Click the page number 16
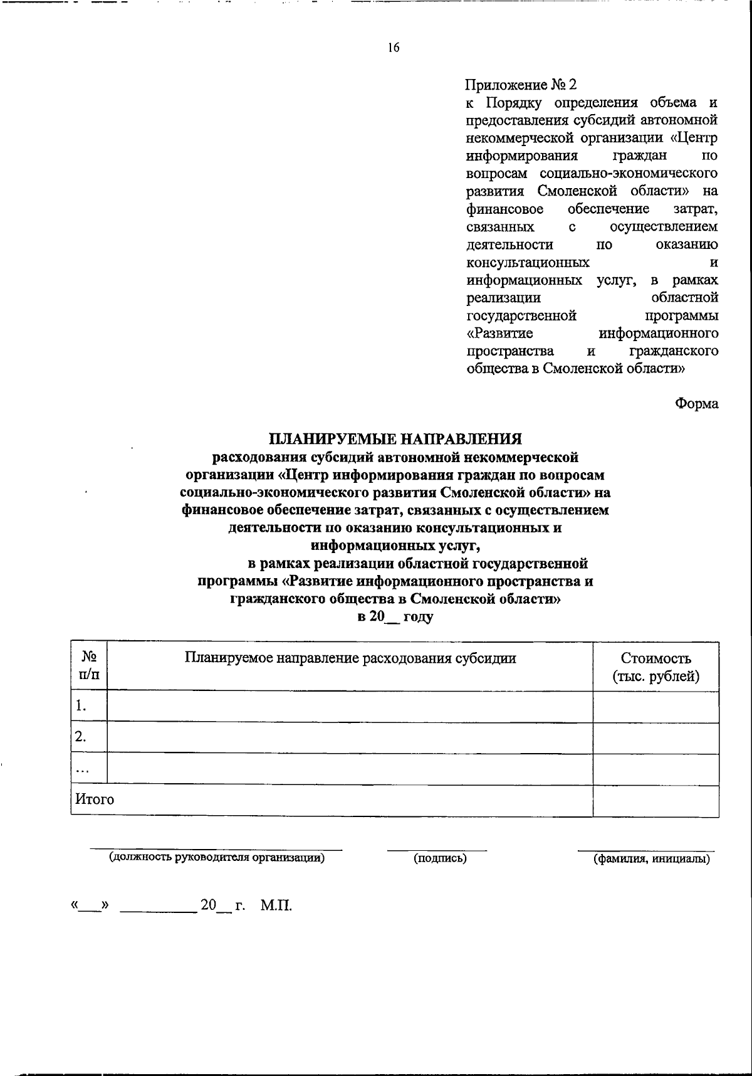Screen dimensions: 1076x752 [x=394, y=48]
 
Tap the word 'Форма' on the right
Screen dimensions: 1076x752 [x=696, y=404]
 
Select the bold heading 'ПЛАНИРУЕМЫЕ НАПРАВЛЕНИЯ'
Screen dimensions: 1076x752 [x=395, y=440]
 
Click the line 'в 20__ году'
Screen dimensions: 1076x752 [x=395, y=616]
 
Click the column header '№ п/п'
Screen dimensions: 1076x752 [x=89, y=666]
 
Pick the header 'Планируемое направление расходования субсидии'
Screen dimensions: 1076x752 [x=350, y=658]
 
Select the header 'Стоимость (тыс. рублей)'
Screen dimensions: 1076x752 [x=655, y=667]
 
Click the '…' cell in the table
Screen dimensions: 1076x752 [x=81, y=769]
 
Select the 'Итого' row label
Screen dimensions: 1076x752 [x=95, y=799]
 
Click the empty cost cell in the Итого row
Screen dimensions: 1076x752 [x=655, y=801]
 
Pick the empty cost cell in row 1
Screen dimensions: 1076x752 [x=655, y=707]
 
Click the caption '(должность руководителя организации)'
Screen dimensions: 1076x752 [x=217, y=858]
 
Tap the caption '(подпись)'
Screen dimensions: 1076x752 [x=440, y=858]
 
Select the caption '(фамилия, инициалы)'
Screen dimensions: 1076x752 [x=652, y=859]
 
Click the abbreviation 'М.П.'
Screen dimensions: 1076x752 [x=276, y=905]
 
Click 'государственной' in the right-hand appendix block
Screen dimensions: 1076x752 [x=521, y=315]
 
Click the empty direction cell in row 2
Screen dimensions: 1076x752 [x=350, y=737]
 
